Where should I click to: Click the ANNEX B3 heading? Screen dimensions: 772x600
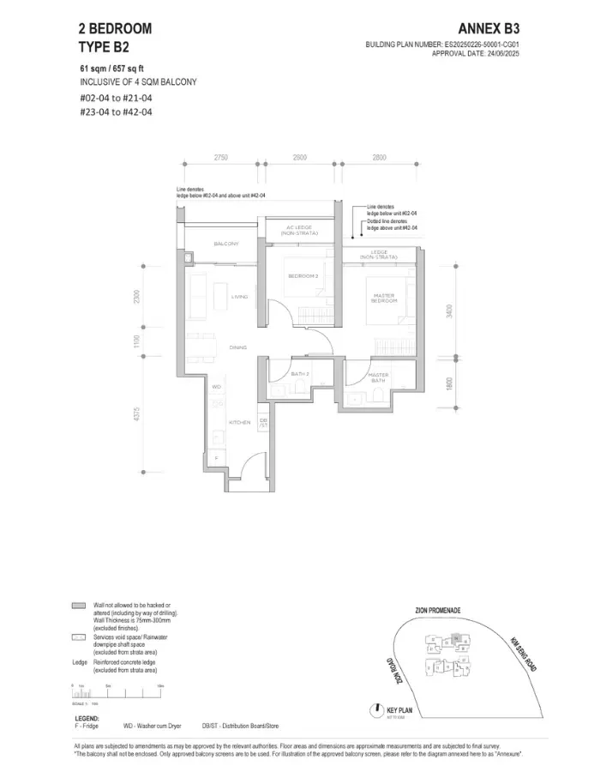[x=489, y=28]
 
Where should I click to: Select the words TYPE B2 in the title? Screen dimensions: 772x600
[x=102, y=46]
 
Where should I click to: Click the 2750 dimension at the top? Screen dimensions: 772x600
[x=221, y=158]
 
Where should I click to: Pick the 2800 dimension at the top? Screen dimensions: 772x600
[x=380, y=158]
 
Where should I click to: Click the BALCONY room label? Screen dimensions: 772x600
[x=225, y=244]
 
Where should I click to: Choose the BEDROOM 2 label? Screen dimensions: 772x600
[x=303, y=275]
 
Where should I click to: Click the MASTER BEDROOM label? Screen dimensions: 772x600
[x=383, y=298]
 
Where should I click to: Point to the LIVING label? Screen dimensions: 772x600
[x=239, y=297]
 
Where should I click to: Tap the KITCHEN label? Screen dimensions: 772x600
[x=239, y=422]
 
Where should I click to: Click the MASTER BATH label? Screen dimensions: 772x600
[x=379, y=377]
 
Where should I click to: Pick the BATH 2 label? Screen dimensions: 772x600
[x=299, y=374]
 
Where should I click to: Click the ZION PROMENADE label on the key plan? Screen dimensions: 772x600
[x=437, y=610]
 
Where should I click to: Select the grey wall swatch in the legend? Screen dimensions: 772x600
[x=79, y=606]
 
